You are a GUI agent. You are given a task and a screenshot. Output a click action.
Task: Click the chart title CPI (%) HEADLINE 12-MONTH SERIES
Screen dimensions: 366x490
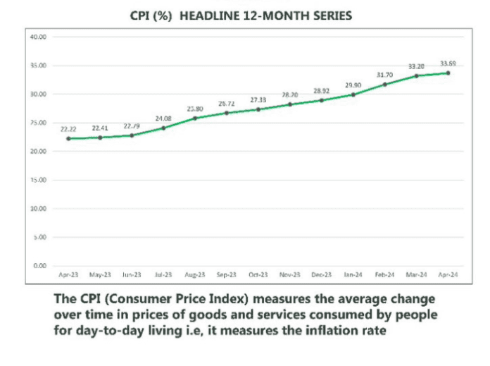tap(241, 15)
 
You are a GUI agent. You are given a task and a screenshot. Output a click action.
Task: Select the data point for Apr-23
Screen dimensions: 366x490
tap(68, 138)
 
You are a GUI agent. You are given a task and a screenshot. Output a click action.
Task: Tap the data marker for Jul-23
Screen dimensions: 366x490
tap(163, 128)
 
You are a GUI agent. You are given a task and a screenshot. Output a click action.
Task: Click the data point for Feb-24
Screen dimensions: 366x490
tap(384, 85)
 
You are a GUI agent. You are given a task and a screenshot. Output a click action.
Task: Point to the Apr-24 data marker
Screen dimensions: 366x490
tap(448, 73)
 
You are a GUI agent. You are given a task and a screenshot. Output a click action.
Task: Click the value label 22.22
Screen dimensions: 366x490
tap(68, 129)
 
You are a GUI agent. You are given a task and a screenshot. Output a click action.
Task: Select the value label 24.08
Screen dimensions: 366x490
tap(163, 118)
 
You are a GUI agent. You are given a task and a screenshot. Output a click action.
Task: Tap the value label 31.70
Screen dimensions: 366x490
tap(384, 75)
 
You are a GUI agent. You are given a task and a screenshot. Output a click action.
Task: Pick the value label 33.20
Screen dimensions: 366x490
tap(417, 66)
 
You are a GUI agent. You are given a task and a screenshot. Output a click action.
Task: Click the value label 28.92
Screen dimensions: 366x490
tap(321, 91)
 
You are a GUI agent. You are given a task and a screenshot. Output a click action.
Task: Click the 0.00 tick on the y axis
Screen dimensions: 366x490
tap(39, 266)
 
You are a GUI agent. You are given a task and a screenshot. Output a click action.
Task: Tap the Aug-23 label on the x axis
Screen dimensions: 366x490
tap(195, 275)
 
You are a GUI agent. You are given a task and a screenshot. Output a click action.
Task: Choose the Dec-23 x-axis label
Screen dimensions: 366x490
tap(321, 275)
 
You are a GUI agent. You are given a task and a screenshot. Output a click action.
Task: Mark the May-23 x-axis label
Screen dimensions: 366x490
tap(100, 275)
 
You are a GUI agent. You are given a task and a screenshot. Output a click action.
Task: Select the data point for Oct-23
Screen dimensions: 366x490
tap(258, 109)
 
